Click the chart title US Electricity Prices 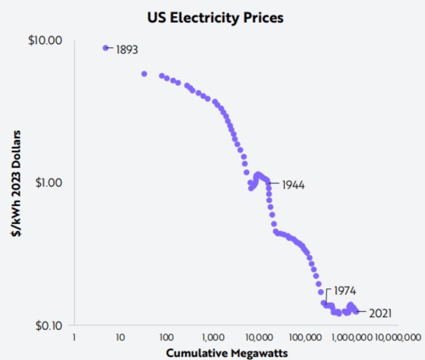tap(215, 18)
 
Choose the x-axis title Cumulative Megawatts tap(227, 353)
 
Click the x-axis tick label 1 tap(74, 337)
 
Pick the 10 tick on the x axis tap(120, 337)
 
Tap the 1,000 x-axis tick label tap(212, 337)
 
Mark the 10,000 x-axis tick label tap(258, 337)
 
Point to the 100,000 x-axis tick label tap(304, 337)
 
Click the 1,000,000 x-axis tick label tap(351, 337)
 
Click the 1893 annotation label tap(127, 50)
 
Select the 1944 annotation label tap(293, 185)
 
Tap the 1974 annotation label tap(345, 291)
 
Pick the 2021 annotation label tap(380, 313)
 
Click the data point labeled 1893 tap(106, 48)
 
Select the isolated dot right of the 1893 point tap(144, 74)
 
